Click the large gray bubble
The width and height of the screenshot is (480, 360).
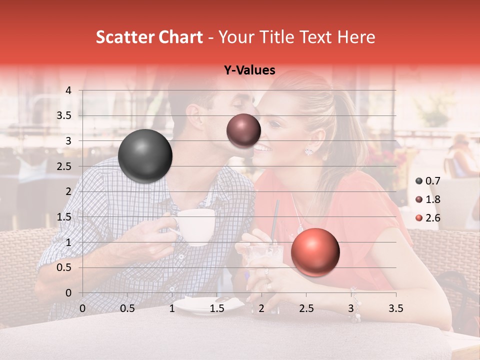pyautogui.click(x=145, y=156)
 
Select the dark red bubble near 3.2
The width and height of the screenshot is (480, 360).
pyautogui.click(x=243, y=130)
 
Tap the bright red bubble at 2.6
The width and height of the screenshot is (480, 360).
pyautogui.click(x=315, y=252)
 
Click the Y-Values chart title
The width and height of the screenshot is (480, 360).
pyautogui.click(x=249, y=70)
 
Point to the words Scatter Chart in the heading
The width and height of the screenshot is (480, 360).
pyautogui.click(x=149, y=37)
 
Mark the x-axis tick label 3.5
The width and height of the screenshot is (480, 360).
pyautogui.click(x=395, y=308)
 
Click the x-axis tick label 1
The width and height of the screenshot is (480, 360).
pyautogui.click(x=172, y=308)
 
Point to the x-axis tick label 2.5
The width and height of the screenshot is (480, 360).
pyautogui.click(x=306, y=308)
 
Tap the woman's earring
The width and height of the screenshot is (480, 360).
pyautogui.click(x=308, y=150)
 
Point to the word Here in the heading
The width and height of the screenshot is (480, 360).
pyautogui.click(x=356, y=37)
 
